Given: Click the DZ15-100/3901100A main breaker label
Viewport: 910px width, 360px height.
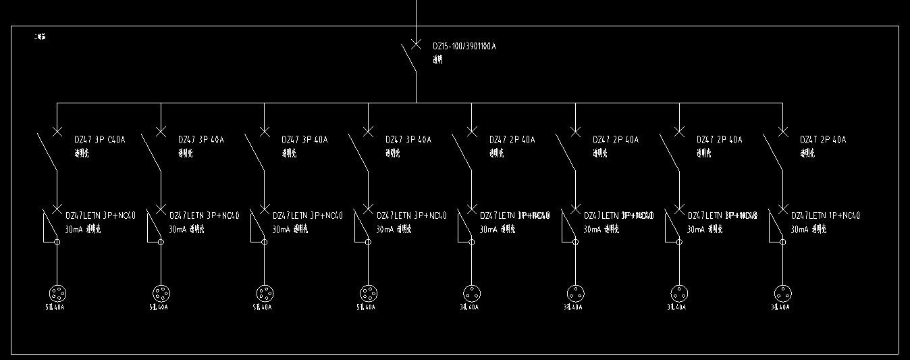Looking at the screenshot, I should pos(469,46).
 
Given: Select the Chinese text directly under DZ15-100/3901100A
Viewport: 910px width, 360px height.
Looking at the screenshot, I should pos(438,60).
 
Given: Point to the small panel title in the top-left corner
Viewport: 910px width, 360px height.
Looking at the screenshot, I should pos(40,36).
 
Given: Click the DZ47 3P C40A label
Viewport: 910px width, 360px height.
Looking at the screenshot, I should pos(100,140).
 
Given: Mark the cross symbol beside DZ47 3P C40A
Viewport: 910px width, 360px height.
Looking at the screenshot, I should pos(57,131).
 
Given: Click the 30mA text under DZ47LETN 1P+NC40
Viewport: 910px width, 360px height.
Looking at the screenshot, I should pos(799,230).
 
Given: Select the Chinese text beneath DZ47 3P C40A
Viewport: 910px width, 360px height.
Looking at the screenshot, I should pos(81,153).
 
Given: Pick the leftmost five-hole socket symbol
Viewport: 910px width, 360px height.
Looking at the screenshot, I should pos(57,294).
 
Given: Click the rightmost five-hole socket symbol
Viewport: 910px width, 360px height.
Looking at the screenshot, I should pos(368,294).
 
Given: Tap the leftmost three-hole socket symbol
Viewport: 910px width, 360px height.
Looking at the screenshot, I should pos(471,294).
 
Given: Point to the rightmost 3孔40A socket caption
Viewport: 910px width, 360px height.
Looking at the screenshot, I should pos(780,307).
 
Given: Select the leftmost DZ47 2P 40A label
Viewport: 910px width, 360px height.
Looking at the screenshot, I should pos(512,140).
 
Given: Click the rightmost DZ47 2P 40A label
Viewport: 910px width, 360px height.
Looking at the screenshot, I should pos(823,140).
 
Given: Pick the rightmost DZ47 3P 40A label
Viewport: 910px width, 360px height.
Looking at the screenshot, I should pos(408,140).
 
